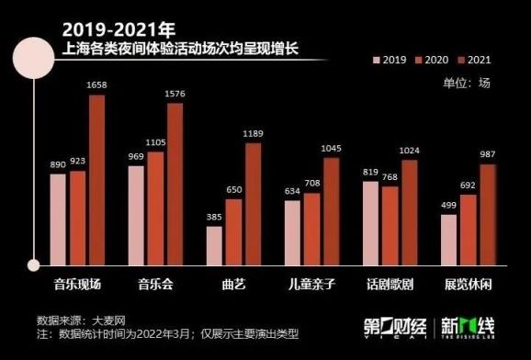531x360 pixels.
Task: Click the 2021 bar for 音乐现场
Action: (x=97, y=180)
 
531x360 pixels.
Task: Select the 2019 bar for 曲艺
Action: (x=214, y=246)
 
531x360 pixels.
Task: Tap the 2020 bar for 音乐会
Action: (x=155, y=208)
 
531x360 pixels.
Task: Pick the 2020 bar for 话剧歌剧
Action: (x=390, y=226)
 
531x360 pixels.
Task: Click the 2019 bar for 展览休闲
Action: (x=448, y=240)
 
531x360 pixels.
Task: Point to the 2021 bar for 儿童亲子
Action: (x=332, y=211)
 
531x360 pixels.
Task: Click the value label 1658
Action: (x=96, y=85)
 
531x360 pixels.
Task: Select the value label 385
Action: (x=214, y=217)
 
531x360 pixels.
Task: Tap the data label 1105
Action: (x=155, y=142)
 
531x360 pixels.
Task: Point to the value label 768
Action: (x=390, y=177)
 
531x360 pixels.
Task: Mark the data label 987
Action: (x=488, y=154)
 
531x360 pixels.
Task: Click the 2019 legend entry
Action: (x=390, y=60)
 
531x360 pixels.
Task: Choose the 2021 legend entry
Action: (x=474, y=60)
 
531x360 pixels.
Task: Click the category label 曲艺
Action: (x=233, y=284)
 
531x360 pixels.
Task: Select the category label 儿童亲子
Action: (x=311, y=284)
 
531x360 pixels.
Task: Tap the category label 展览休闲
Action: (x=468, y=284)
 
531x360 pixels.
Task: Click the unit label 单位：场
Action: (x=467, y=83)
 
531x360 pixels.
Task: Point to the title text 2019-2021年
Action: (x=119, y=29)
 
